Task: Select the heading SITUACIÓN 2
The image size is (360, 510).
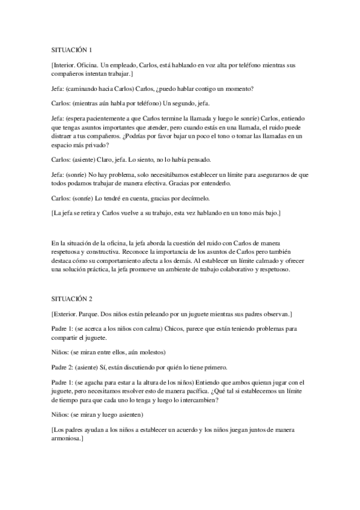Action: (72, 298)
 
